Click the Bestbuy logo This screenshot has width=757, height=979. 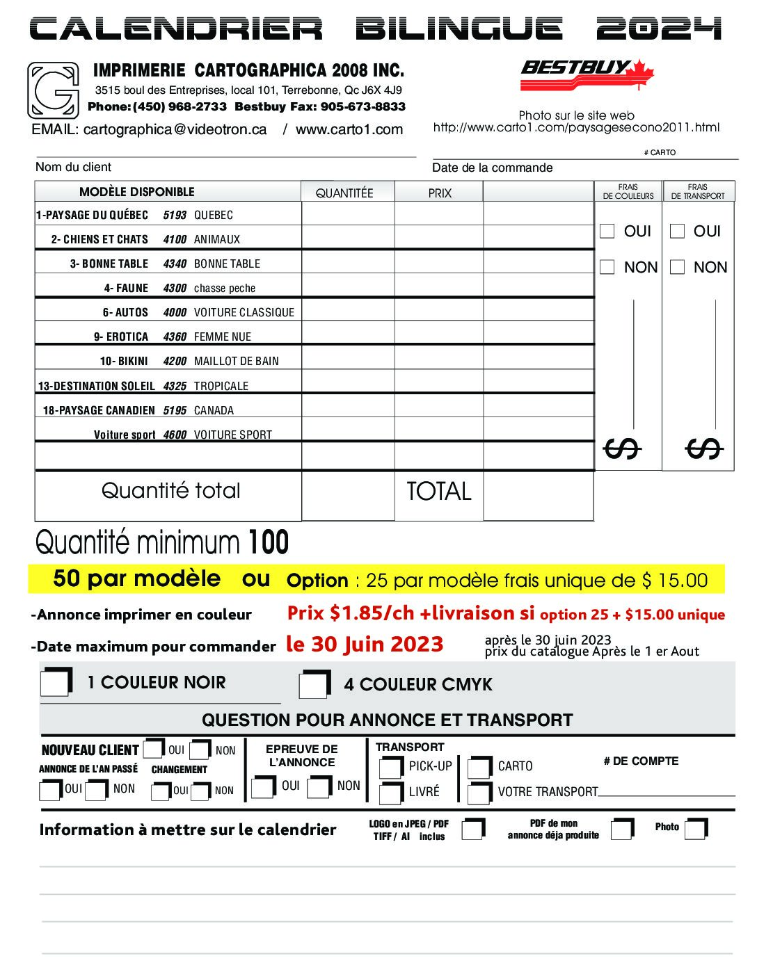click(587, 74)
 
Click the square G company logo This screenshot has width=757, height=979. click(53, 90)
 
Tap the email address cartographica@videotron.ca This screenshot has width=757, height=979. click(175, 129)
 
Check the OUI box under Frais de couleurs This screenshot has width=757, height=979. click(607, 231)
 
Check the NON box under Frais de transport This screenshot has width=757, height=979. click(677, 267)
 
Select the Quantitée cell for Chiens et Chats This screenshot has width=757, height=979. click(348, 238)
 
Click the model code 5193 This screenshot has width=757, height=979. click(175, 215)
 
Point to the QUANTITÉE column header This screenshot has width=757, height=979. click(344, 193)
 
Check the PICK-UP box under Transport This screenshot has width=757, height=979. click(390, 766)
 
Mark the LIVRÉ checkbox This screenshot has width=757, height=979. click(390, 792)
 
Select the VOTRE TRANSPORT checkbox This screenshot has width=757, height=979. click(479, 792)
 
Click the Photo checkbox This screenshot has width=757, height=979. click(695, 827)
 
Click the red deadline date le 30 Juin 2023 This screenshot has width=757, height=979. click(365, 644)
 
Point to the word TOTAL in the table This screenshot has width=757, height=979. click(438, 491)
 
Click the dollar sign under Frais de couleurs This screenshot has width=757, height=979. click(621, 449)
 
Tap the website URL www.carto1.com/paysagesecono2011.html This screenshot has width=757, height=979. click(576, 128)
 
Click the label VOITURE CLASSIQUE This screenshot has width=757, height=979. click(244, 312)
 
